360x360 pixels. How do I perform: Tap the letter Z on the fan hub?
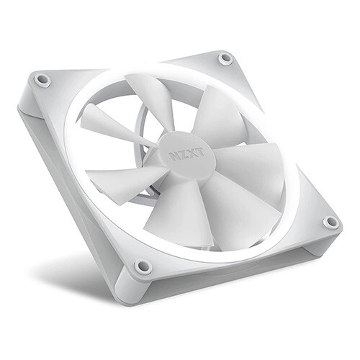tap(183, 154)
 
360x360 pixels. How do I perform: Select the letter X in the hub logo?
tap(192, 153)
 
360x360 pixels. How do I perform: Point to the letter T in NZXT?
tap(199, 153)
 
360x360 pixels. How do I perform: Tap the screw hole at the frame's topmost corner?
tap(225, 58)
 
